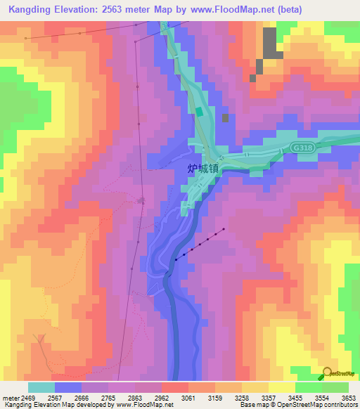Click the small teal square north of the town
(200, 112)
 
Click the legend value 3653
(349, 398)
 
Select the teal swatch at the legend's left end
(41, 387)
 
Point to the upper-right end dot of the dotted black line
(224, 229)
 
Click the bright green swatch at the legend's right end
(335, 387)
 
